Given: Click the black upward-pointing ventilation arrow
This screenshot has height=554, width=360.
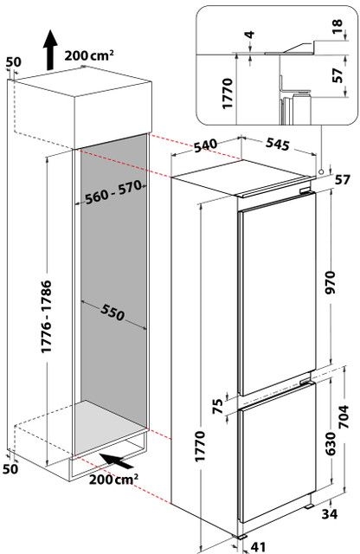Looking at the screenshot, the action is coord(50,49).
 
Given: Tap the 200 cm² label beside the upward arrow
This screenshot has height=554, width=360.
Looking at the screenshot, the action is coord(89,55).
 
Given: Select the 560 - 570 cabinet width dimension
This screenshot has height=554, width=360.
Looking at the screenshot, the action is coord(113,192).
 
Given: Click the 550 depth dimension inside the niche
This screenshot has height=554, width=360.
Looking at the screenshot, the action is coord(112,312).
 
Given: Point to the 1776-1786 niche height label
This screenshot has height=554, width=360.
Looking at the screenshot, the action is coord(46,316).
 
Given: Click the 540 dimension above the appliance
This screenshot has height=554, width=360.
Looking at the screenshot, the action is coord(206,145).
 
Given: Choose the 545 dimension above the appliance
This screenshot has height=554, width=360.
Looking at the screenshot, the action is coord(277,144).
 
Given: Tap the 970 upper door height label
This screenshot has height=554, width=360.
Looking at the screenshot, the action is coord(331,282).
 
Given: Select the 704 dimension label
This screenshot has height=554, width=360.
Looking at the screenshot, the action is coord(344,416).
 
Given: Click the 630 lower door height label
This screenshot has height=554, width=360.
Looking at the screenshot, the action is coord(331,443).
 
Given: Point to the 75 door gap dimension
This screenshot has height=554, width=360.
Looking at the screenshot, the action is coord(219,406).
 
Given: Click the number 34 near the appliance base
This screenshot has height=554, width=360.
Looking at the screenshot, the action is coord(329,513).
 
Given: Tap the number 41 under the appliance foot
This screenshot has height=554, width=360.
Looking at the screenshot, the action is coord(258,547).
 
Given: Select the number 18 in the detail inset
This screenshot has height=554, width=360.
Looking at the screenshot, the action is coord(337,26).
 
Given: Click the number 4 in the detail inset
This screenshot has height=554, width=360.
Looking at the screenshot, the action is coord(250,35).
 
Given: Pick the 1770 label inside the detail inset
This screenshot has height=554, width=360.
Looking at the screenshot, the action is coord(228,93).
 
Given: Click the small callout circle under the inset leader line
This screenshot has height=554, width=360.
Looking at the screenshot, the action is coord(321,171).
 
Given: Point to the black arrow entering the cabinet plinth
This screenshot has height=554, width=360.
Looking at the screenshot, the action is coord(115,461).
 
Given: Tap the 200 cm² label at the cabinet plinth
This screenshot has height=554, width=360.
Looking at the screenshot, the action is coord(113,480).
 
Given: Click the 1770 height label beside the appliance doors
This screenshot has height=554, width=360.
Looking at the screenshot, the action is coord(200,446).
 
